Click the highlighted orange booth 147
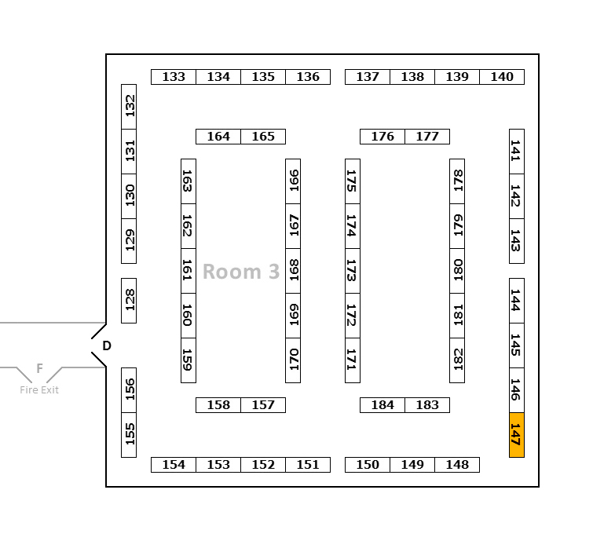point(516,434)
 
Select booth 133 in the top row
point(174,77)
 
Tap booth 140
point(502,77)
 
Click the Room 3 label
point(241,272)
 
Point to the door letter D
point(107,345)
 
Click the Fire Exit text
point(39,389)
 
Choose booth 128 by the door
point(129,300)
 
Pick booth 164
point(218,137)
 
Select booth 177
point(427,137)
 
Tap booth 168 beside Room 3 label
point(293,271)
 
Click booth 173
point(353,271)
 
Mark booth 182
point(457,360)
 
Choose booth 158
point(218,405)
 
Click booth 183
point(427,405)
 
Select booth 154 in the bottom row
point(174,465)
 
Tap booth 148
point(457,465)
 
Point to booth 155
point(129,434)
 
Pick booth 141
point(516,152)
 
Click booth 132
point(129,107)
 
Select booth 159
point(189,360)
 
